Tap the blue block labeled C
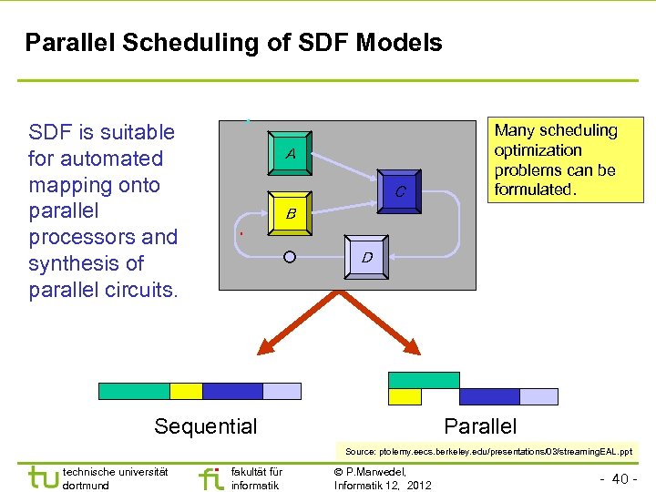(399, 191)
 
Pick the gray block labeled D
(366, 257)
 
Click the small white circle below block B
(290, 257)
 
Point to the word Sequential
(206, 426)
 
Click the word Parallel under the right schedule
(480, 426)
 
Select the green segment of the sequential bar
(134, 391)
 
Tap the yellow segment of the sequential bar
(186, 391)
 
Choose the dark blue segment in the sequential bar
(232, 391)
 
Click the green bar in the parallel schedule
(424, 380)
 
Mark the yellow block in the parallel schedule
(405, 396)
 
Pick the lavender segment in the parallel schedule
(538, 396)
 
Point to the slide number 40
(620, 478)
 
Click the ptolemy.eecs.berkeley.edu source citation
(488, 451)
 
